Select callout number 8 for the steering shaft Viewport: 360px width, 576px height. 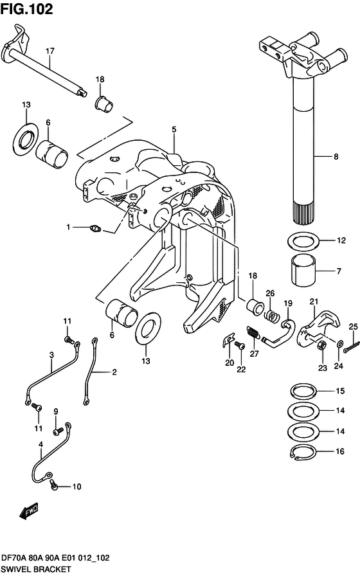click(x=335, y=156)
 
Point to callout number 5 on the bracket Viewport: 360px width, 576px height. click(x=174, y=129)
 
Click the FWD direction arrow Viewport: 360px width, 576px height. click(x=30, y=512)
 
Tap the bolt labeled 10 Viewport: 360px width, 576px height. click(x=55, y=487)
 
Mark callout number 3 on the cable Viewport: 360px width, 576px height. click(x=51, y=354)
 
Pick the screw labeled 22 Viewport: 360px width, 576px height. click(x=240, y=346)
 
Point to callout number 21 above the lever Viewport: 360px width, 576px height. click(x=314, y=301)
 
